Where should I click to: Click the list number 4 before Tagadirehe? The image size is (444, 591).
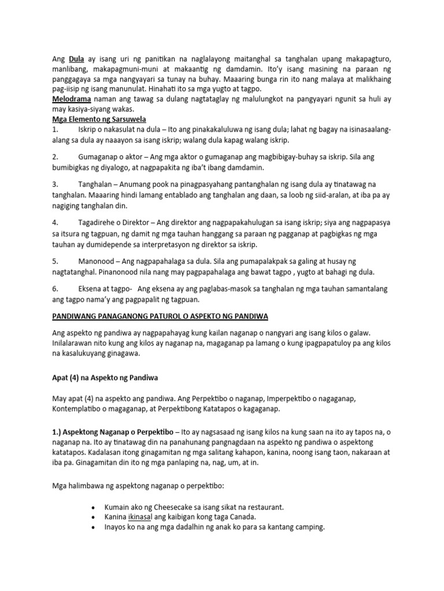(x=54, y=222)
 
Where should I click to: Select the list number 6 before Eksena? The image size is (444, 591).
(x=54, y=288)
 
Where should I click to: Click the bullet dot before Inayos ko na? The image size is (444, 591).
(x=94, y=527)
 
